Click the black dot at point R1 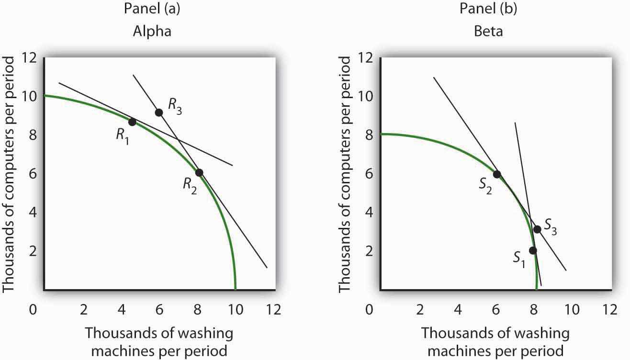(133, 122)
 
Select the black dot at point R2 (199, 172)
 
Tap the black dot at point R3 (159, 112)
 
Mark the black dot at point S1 (533, 250)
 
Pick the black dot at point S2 (497, 174)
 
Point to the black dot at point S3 (537, 229)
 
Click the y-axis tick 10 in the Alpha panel (29, 96)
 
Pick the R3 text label (174, 103)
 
